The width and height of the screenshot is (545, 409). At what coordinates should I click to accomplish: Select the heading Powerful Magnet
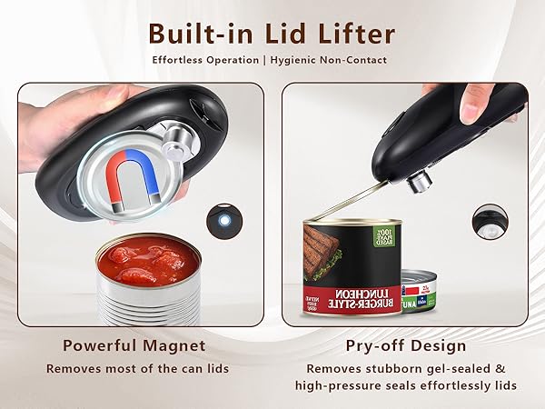coord(134,345)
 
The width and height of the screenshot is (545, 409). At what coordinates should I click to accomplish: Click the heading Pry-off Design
coord(406,345)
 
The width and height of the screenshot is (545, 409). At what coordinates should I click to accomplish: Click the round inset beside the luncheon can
coord(490,223)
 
